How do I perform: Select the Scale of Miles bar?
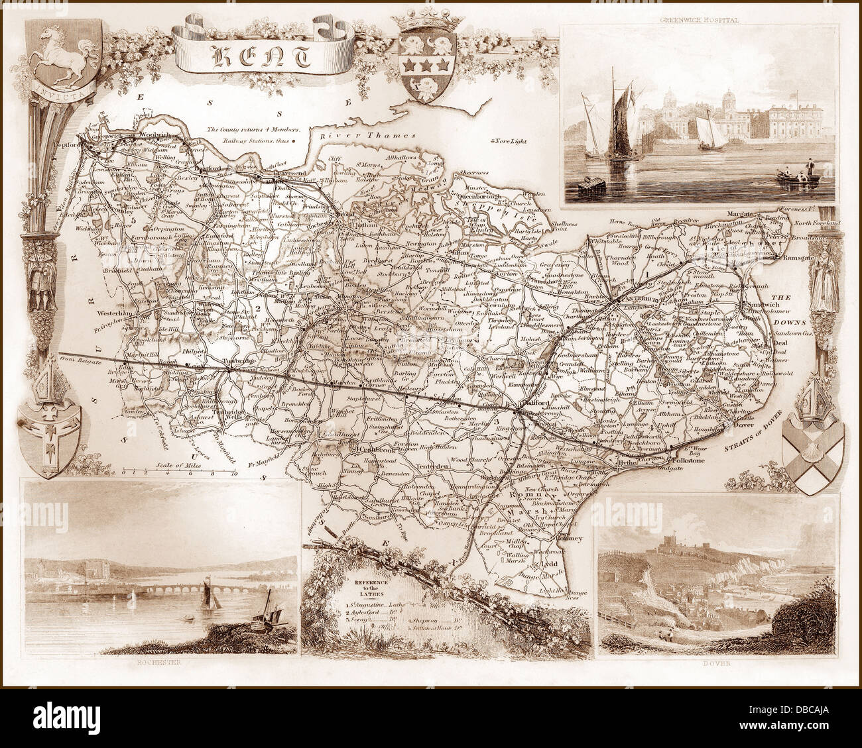click(x=180, y=472)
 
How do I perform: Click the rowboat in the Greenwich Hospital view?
click(x=794, y=178)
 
